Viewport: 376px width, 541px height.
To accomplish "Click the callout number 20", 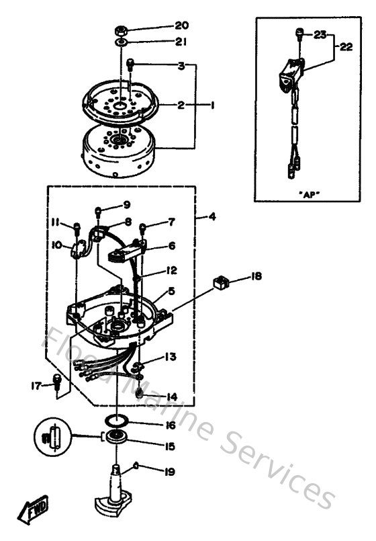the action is [181, 26].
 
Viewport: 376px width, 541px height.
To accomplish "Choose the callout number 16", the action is [170, 425].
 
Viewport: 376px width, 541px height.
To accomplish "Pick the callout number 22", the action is [345, 47].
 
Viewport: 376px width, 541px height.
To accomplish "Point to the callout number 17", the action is [36, 385].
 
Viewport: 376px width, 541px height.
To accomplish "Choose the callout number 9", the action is [126, 204].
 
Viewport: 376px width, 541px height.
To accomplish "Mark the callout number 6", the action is [171, 246].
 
